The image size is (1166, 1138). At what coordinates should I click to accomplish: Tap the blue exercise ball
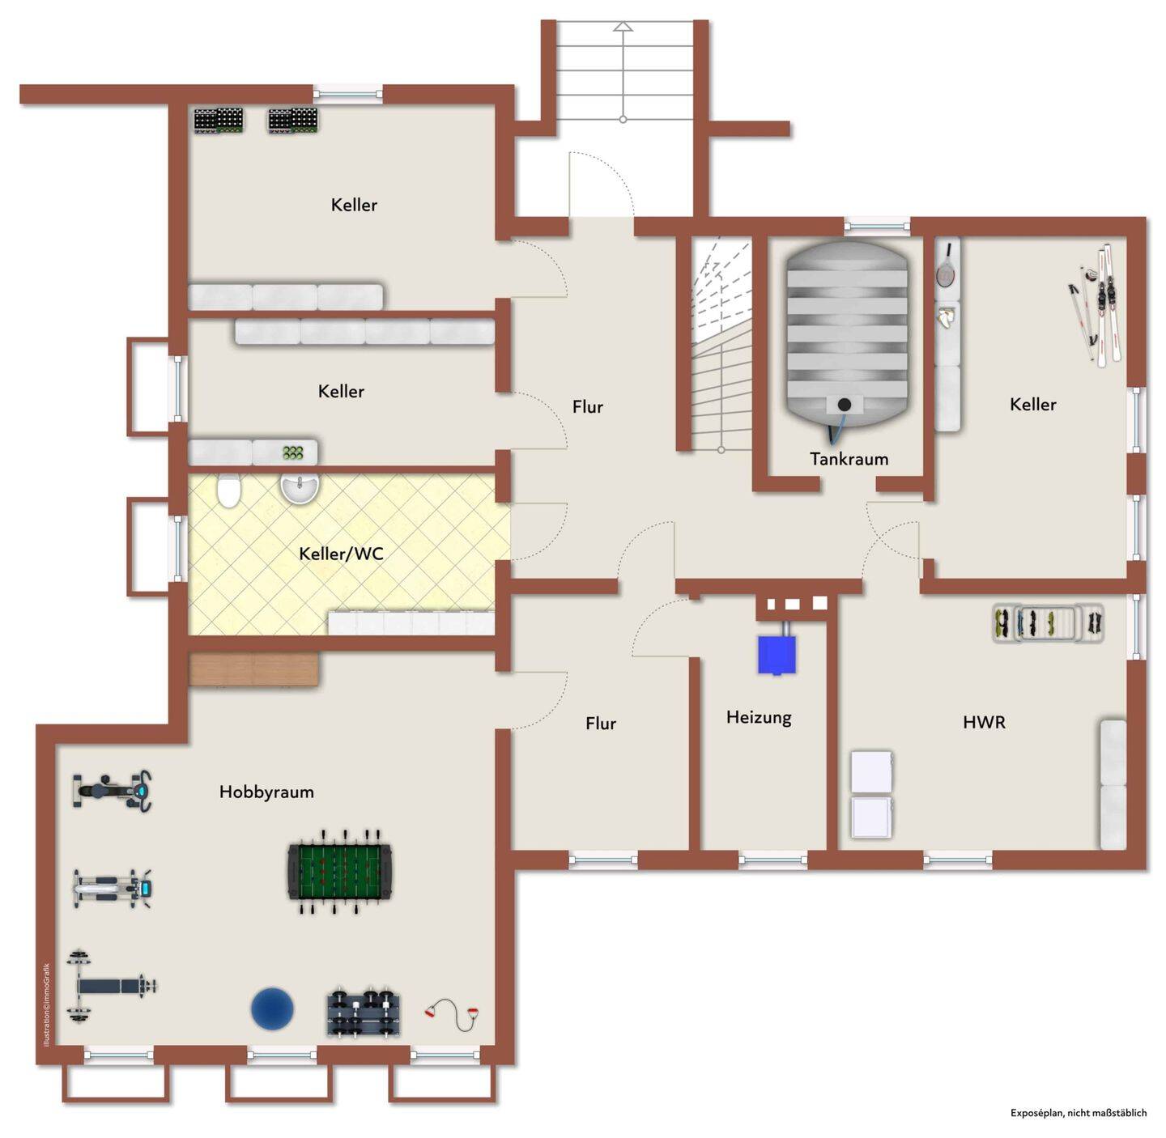[x=272, y=1008]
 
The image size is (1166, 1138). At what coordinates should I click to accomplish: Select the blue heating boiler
[x=777, y=655]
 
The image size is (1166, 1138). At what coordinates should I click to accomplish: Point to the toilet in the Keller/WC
[x=228, y=490]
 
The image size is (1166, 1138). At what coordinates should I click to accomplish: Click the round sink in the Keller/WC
[x=299, y=489]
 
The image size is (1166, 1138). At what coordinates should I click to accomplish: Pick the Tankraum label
[x=849, y=460]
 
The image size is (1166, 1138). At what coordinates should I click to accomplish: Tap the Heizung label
[x=759, y=718]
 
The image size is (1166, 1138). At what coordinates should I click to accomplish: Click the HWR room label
[x=984, y=722]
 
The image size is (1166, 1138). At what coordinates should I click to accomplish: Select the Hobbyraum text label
[x=266, y=792]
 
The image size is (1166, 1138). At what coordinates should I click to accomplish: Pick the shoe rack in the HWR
[x=1047, y=623]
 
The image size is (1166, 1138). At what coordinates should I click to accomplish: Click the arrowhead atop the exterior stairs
[x=623, y=26]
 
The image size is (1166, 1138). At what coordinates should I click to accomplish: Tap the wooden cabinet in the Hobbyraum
[x=254, y=669]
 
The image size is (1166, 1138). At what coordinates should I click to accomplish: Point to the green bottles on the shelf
[x=292, y=452]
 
